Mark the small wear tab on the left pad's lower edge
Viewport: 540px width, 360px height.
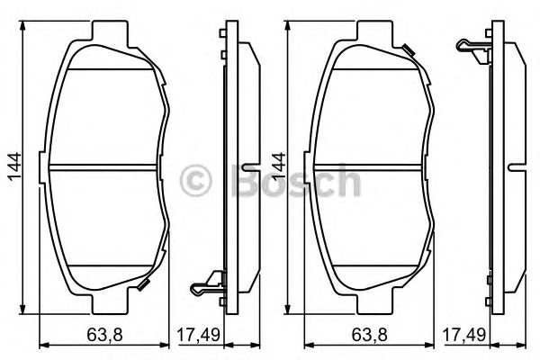pos(144,285)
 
